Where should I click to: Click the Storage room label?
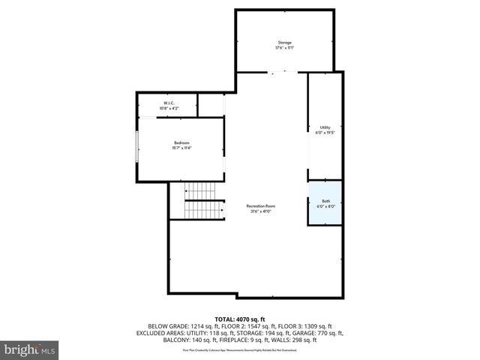click(x=284, y=42)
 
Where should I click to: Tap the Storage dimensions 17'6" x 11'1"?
click(x=284, y=48)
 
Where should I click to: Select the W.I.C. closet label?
click(x=169, y=103)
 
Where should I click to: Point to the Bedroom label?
click(x=182, y=142)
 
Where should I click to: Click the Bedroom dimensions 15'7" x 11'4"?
click(x=182, y=148)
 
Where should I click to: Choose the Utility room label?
click(x=325, y=127)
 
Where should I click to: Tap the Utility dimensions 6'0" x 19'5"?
click(x=325, y=133)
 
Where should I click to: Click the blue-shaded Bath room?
click(x=325, y=203)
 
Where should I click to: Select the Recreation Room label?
click(x=261, y=206)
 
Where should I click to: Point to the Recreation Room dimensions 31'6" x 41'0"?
click(x=261, y=212)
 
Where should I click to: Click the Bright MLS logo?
click(x=30, y=349)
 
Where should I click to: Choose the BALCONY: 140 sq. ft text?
click(x=190, y=340)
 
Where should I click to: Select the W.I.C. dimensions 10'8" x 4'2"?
click(x=169, y=109)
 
